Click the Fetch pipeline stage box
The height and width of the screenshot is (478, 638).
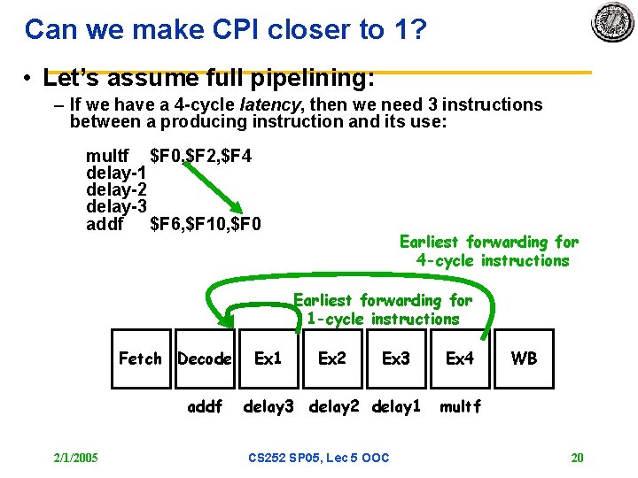140,358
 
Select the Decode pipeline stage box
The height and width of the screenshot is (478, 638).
205,358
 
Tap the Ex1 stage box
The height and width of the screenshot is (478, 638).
268,358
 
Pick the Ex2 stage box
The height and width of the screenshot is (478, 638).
332,358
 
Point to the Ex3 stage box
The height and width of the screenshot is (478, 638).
396,358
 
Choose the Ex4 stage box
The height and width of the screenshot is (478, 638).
460,358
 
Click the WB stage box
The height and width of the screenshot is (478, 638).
524,358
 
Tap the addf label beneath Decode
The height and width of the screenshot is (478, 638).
205,407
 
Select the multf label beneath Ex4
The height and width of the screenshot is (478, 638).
460,407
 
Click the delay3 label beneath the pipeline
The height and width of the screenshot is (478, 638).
268,407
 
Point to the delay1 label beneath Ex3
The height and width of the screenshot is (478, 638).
396,407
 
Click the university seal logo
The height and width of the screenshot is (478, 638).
612,23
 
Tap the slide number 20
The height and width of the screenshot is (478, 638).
577,458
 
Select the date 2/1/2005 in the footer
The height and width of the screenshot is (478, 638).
75,458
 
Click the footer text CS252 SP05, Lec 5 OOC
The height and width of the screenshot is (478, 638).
318,458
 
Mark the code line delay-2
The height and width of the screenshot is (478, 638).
116,189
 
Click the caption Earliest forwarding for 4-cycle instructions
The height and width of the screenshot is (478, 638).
489,251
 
